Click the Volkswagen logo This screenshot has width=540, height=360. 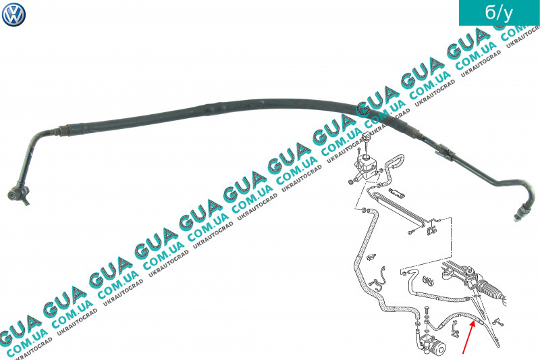pyautogui.click(x=13, y=14)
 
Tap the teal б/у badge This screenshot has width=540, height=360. pyautogui.click(x=499, y=13)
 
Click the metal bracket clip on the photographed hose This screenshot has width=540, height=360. pyautogui.click(x=444, y=151)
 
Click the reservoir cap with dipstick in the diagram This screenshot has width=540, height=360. pyautogui.click(x=367, y=141)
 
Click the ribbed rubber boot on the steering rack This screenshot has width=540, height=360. pyautogui.click(x=490, y=290)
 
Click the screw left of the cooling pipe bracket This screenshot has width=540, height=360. pyautogui.click(x=412, y=232)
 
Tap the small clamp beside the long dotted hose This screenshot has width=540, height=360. pyautogui.click(x=371, y=257)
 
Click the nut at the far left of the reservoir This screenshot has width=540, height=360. pyautogui.click(x=350, y=182)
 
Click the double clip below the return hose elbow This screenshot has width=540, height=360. pyautogui.click(x=427, y=280)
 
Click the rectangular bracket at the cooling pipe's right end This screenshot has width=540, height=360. pyautogui.click(x=431, y=229)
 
